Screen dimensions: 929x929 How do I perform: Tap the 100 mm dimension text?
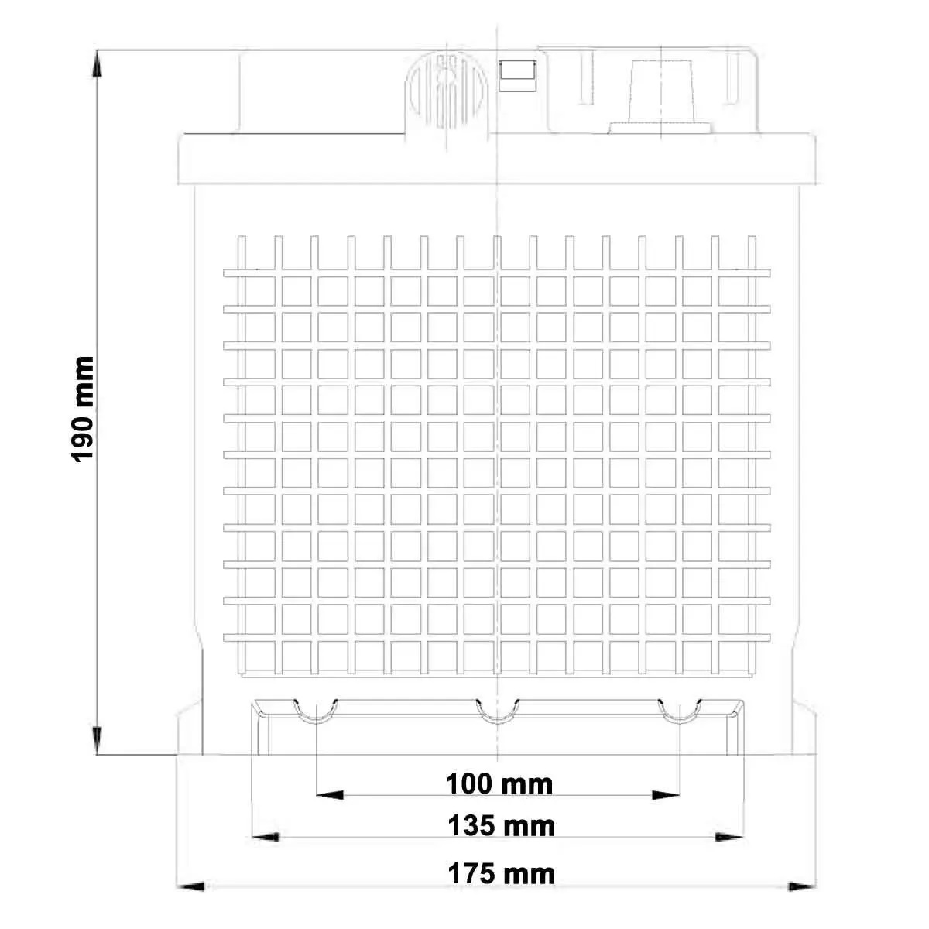499,784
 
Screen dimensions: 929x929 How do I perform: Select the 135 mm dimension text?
501,826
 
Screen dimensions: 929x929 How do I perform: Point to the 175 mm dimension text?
501,874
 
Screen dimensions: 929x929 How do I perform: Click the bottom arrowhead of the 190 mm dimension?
98,740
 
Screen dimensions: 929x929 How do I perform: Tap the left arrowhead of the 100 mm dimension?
330,794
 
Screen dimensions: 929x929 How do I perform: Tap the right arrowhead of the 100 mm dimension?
667,794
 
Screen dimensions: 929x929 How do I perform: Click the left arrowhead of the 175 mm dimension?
192,886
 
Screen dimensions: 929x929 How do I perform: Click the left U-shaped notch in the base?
317,712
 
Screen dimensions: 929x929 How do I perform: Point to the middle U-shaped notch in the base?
498,712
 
